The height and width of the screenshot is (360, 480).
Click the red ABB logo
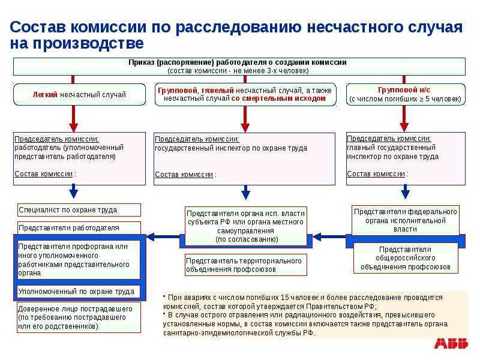click(451, 343)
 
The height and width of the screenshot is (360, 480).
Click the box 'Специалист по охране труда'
click(79, 210)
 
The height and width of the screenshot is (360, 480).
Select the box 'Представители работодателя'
click(79, 228)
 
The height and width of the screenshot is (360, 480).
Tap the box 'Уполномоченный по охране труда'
click(79, 292)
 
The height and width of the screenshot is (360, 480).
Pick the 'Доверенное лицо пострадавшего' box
click(79, 317)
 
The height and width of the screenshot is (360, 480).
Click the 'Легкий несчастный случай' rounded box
click(79, 95)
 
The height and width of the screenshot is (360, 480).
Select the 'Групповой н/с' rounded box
click(406, 95)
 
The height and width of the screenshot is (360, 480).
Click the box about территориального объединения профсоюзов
click(246, 265)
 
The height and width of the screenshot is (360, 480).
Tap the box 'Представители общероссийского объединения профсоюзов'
click(406, 258)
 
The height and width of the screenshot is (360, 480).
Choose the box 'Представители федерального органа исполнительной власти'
click(406, 220)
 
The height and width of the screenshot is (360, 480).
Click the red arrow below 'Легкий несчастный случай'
click(73, 119)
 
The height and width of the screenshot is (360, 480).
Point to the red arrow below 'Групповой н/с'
click(404, 119)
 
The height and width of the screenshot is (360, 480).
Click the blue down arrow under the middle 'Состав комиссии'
click(245, 193)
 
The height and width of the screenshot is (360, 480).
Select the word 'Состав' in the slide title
click(38, 27)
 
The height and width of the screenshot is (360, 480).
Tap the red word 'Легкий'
click(45, 95)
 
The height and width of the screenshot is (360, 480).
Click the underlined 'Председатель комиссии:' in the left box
click(56, 139)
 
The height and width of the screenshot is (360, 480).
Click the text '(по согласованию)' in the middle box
click(247, 239)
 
